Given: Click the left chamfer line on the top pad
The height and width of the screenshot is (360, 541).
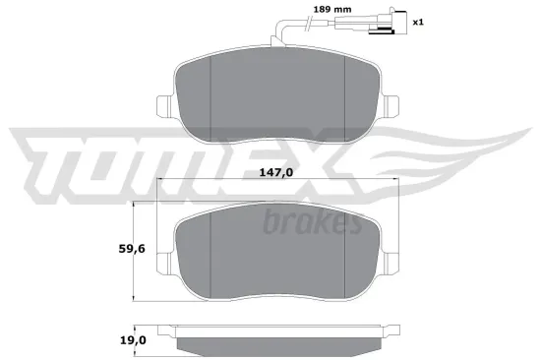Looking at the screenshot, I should [213, 98].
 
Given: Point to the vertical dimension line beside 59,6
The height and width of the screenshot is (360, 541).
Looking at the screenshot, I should [134, 251].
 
